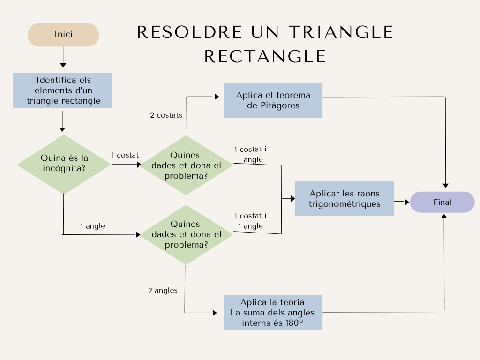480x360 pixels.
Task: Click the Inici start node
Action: coord(63,35)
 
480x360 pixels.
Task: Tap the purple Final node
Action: coord(442,202)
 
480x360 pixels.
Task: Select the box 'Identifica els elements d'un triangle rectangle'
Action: coord(62,90)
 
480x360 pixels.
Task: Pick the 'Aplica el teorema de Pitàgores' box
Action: coord(273,100)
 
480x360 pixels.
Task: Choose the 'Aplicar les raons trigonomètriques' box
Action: coord(345,198)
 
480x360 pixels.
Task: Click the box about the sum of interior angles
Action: coord(273,313)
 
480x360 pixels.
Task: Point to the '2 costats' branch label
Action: coord(166,115)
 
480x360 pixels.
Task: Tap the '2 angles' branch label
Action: coord(163,290)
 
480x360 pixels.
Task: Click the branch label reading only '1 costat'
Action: coord(125,155)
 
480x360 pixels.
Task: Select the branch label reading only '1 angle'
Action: coord(93,226)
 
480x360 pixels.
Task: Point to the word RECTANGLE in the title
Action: coord(265,56)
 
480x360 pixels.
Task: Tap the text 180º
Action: coord(291,322)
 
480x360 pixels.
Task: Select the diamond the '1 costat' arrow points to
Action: coord(187,165)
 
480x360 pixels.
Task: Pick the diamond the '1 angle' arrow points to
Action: coord(187,234)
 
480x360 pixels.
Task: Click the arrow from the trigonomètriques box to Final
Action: coord(402,202)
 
